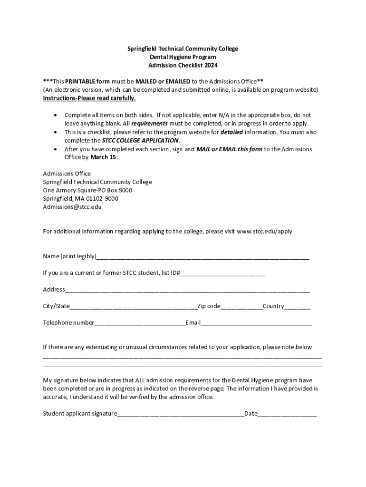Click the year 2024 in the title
point(210,66)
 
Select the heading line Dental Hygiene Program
point(183,57)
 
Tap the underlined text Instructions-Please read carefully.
point(89,98)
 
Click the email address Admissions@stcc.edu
point(72,207)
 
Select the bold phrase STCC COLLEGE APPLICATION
point(140,141)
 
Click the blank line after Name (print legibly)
point(203,258)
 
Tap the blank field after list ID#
point(222,274)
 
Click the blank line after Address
point(187,291)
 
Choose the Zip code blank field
point(241,307)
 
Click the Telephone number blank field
point(140,324)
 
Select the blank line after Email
point(257,324)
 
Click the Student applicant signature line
point(181,415)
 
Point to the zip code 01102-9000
point(98,198)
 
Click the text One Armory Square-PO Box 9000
point(87,190)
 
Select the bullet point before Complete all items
point(58,116)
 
